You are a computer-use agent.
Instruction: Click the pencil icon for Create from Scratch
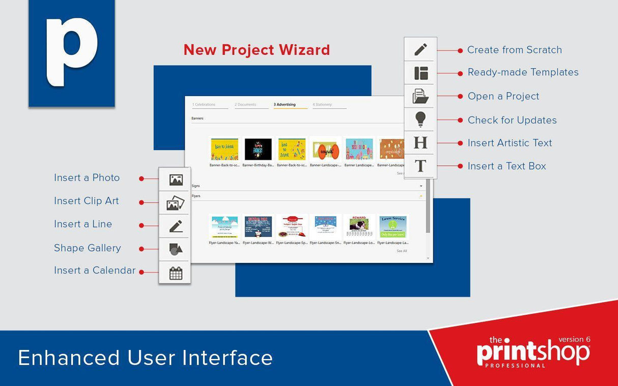pos(420,50)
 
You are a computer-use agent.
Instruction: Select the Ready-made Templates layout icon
pos(420,73)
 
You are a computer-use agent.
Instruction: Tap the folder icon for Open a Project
pos(420,96)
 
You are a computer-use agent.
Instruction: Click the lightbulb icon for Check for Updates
pos(420,119)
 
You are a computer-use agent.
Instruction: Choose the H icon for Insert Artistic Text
pos(420,142)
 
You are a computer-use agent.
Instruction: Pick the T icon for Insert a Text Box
pos(420,166)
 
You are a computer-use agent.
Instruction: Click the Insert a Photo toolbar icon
pos(176,180)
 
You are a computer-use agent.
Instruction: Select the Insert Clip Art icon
pos(175,203)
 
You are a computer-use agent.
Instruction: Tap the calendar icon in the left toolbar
pos(176,273)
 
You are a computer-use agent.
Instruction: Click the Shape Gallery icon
pos(175,249)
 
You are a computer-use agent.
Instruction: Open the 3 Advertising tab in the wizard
pos(285,105)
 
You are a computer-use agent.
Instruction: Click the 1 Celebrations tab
pos(204,105)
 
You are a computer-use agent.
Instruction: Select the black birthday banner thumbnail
pos(258,149)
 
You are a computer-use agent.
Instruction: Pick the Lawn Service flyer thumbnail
pos(392,226)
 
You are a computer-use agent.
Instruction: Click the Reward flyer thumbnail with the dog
pos(359,226)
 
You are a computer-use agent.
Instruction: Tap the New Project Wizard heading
pos(257,50)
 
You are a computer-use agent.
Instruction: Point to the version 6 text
pos(574,339)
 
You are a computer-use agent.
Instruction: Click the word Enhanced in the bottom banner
pos(69,358)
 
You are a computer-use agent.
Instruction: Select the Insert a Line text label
pos(83,224)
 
